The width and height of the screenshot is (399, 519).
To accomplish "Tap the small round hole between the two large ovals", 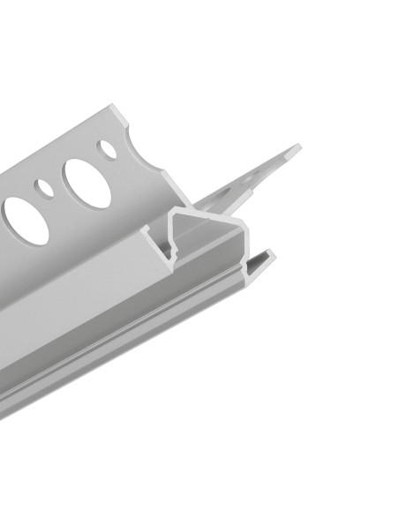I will [43, 187].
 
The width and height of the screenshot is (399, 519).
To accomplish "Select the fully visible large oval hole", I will [87, 183].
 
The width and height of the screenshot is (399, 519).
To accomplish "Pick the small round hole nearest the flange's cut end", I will [108, 148].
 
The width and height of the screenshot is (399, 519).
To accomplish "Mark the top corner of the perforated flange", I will [116, 106].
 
